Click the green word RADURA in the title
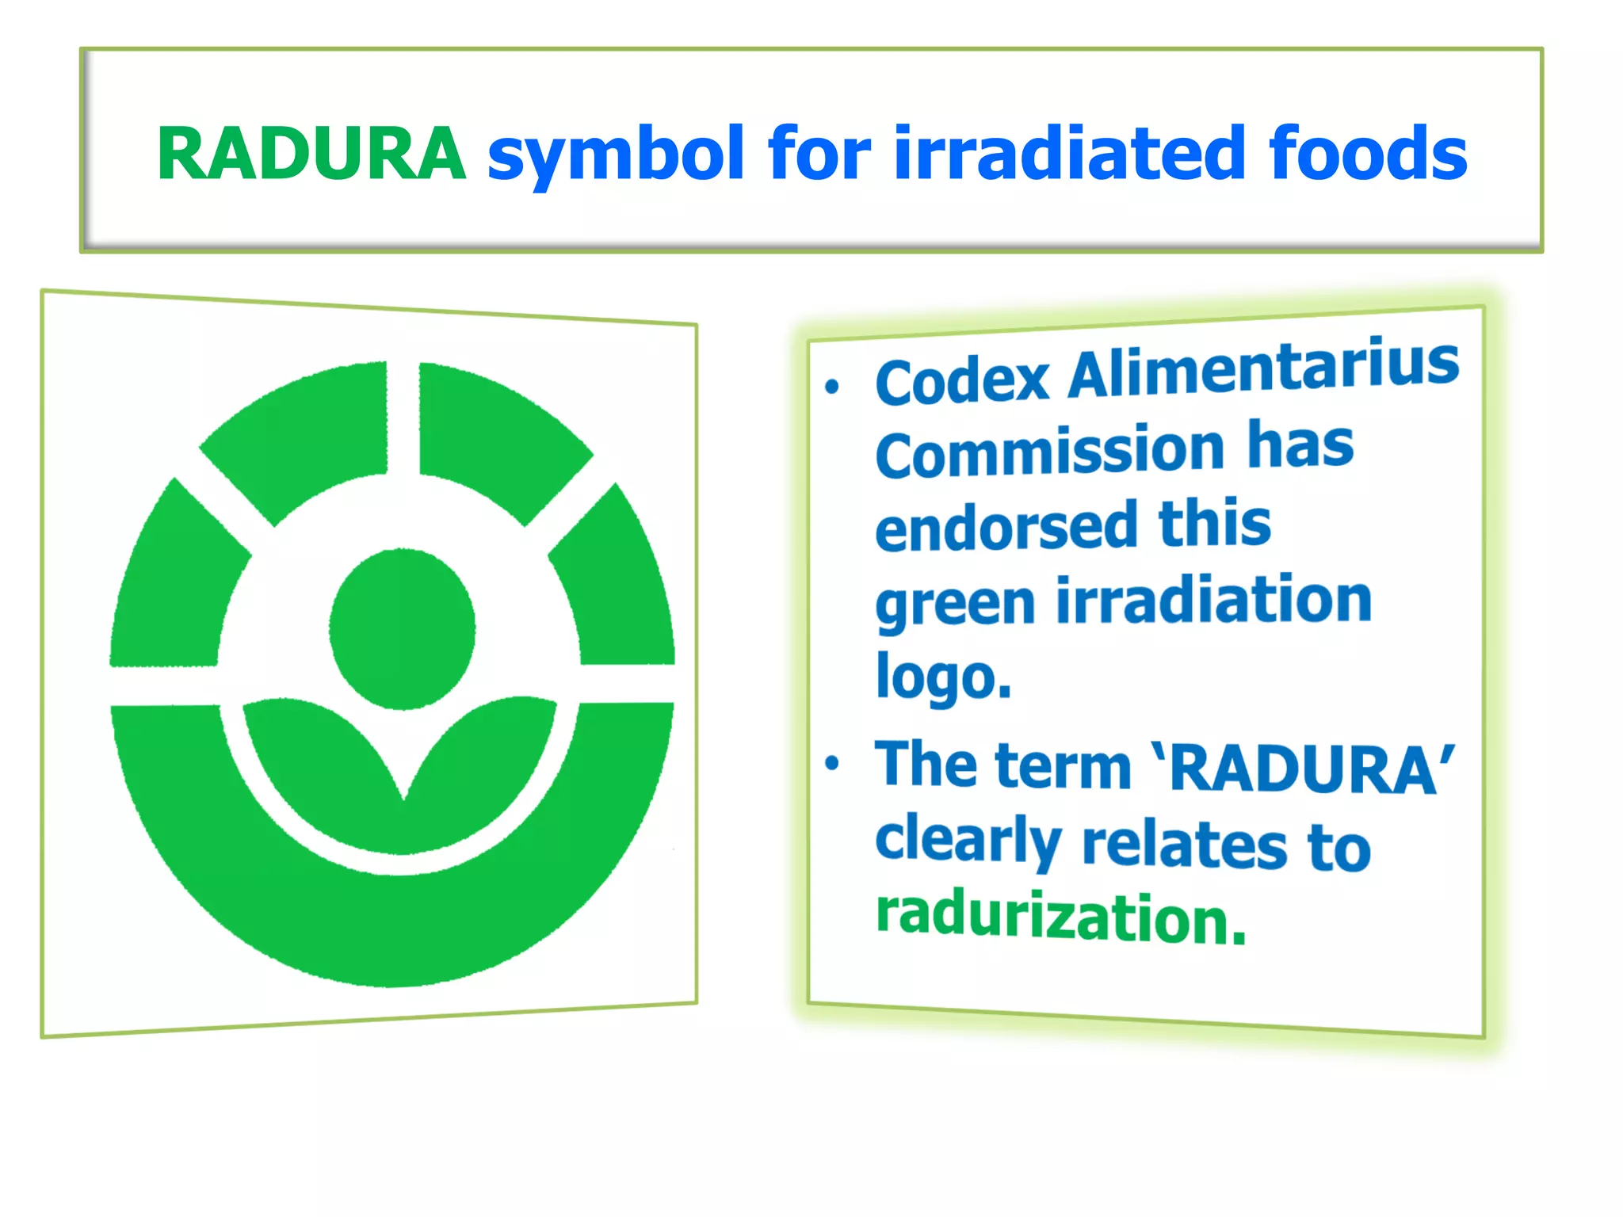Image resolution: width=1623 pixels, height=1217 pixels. tap(311, 154)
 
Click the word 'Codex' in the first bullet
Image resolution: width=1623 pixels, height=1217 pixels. tap(962, 381)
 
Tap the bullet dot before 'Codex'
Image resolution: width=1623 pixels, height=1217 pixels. tap(831, 387)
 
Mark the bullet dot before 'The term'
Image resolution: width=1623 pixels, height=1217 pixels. tap(831, 763)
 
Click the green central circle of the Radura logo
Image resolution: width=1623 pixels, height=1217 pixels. tap(403, 628)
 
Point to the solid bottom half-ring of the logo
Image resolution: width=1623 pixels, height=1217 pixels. tap(392, 927)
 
